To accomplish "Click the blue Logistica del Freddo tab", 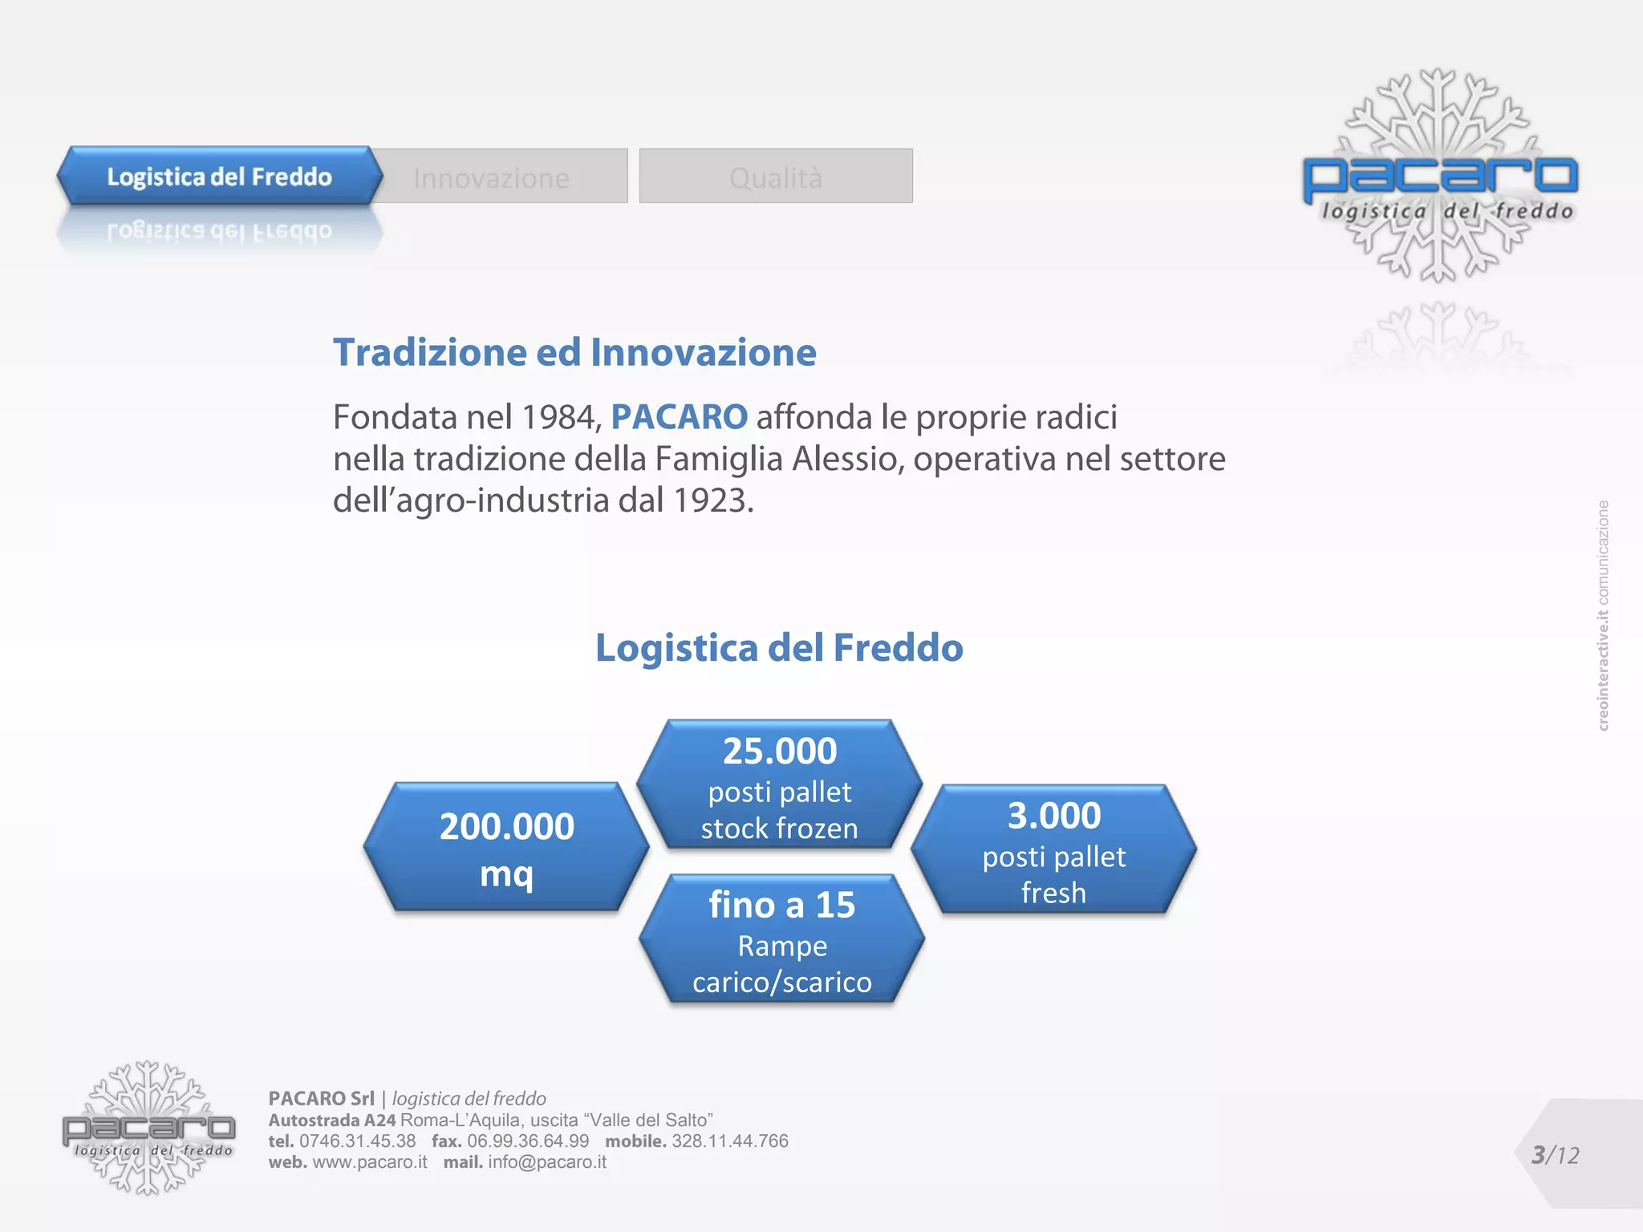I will [218, 176].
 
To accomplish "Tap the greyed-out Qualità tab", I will [775, 177].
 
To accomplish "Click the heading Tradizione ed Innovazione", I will [574, 353].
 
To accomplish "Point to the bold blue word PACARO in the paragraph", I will [679, 417].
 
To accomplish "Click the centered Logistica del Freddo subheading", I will [778, 647].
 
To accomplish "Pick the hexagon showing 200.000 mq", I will [506, 847].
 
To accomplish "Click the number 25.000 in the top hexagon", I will [779, 752].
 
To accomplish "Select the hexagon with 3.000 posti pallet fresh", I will [1053, 850].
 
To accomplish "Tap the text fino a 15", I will [781, 905].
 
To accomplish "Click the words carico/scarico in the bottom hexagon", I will [781, 982].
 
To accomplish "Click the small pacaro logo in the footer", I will [148, 1129].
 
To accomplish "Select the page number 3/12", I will [1555, 1155].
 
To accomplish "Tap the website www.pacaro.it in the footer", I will [370, 1162].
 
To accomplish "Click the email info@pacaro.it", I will [546, 1162].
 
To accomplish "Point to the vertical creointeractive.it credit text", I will [1603, 615].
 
